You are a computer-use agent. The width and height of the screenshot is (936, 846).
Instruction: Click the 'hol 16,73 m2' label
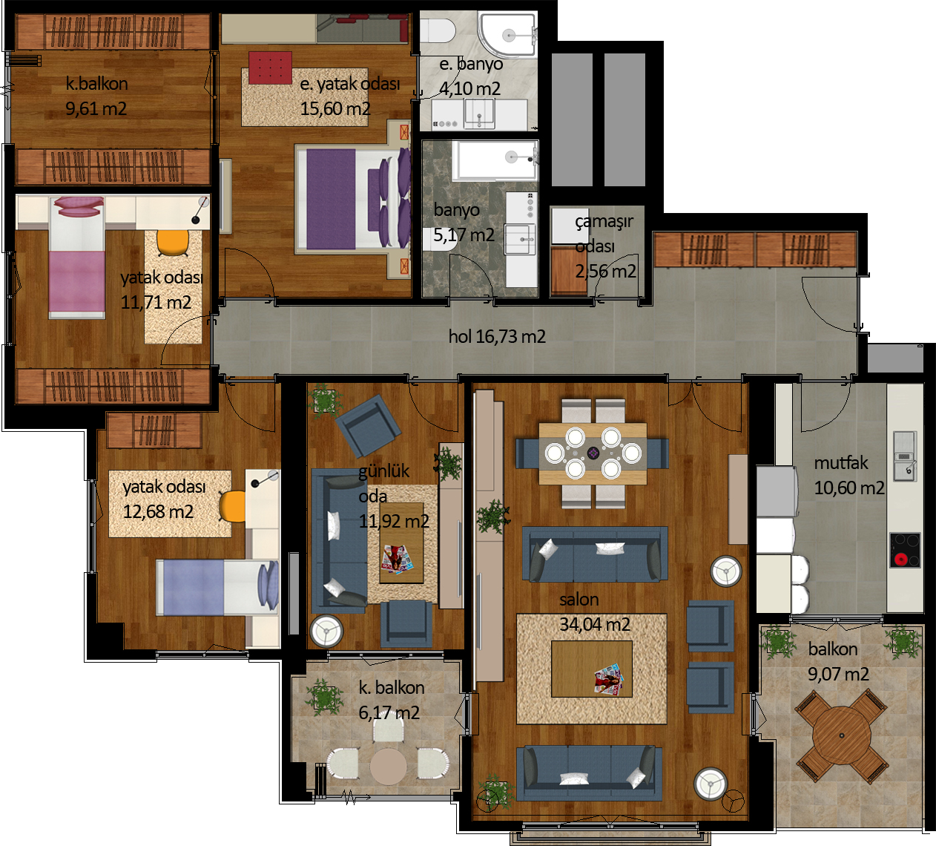[497, 337]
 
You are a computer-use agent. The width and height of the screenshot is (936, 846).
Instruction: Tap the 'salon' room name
[579, 599]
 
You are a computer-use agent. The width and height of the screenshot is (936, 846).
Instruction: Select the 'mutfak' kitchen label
[841, 462]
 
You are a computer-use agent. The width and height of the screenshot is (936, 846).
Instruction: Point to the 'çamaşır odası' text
[604, 234]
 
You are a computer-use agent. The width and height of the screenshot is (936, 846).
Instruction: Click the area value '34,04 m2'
[595, 624]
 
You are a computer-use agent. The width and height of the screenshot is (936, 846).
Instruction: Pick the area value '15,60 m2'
[335, 109]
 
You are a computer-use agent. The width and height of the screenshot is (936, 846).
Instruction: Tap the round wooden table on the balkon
[841, 735]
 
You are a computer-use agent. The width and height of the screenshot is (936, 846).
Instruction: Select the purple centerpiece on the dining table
[593, 453]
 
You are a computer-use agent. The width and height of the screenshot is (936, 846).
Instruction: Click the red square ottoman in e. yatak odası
[270, 68]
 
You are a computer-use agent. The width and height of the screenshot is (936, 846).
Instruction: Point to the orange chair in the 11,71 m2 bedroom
[173, 243]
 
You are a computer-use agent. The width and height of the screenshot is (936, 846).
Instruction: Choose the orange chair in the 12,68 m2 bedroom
[232, 506]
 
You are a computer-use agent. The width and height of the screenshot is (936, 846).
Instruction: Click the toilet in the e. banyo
[438, 31]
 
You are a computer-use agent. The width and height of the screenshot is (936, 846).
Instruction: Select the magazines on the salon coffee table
[608, 679]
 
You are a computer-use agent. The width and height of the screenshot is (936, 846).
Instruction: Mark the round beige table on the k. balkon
[388, 767]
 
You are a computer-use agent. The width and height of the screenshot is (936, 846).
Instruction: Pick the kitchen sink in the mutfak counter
[905, 456]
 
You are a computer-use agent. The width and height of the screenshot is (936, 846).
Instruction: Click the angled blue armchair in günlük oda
[368, 425]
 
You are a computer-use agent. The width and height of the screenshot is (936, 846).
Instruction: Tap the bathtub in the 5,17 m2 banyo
[495, 160]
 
